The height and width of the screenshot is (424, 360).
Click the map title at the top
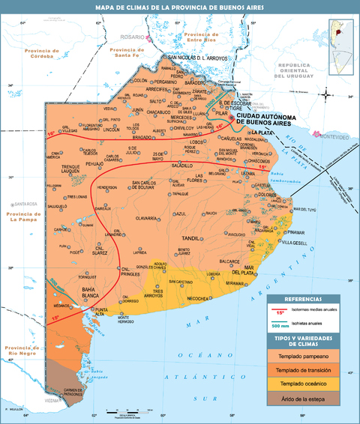pos(179,7)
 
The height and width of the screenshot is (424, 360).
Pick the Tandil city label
pos(190,238)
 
